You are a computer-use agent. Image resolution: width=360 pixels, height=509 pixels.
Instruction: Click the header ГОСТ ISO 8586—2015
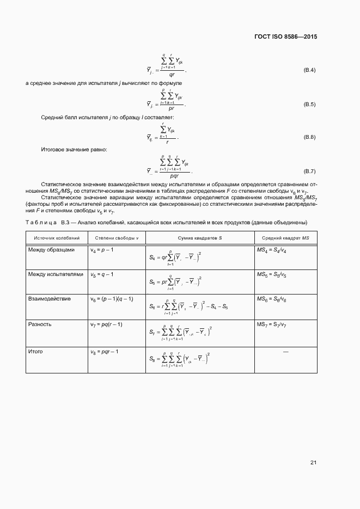(285, 37)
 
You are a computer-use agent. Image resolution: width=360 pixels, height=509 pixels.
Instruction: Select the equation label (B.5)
(309, 104)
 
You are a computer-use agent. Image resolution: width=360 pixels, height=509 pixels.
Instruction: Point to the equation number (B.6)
(309, 137)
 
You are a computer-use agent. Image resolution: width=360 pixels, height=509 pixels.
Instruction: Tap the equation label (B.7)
(309, 171)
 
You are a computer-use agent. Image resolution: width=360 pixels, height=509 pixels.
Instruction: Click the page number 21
(313, 463)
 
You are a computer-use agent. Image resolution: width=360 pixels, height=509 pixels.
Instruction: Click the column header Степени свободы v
(117, 238)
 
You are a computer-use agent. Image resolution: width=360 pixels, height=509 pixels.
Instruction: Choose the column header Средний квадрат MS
(285, 238)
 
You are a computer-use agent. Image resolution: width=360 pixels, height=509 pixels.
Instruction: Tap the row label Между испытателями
(56, 274)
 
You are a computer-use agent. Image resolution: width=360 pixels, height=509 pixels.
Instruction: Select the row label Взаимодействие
(49, 299)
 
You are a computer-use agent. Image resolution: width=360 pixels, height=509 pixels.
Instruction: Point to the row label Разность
(40, 324)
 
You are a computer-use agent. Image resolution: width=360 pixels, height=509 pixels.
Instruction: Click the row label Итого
(35, 352)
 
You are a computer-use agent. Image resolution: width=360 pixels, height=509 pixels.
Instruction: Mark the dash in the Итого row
(285, 352)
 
